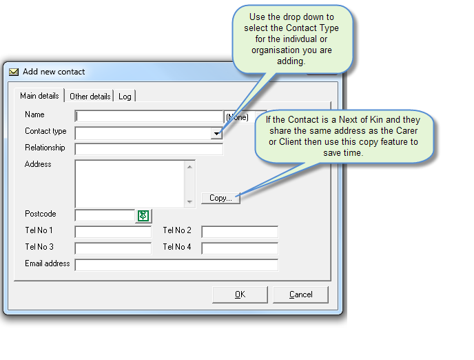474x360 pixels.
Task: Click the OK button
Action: pyautogui.click(x=240, y=294)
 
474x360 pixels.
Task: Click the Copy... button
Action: pyautogui.click(x=220, y=198)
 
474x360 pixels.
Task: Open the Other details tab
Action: pyautogui.click(x=90, y=97)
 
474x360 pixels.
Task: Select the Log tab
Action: pyautogui.click(x=125, y=97)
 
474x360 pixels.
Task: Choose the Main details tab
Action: pyautogui.click(x=39, y=96)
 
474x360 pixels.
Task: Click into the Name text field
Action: pyautogui.click(x=149, y=117)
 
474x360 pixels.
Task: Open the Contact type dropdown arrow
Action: pyautogui.click(x=217, y=133)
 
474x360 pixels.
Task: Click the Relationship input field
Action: pyautogui.click(x=149, y=149)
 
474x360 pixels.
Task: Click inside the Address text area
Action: pyautogui.click(x=130, y=183)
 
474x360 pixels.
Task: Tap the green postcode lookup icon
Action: pyautogui.click(x=143, y=216)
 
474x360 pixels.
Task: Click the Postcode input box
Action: pyautogui.click(x=105, y=216)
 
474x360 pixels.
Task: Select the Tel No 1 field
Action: pyautogui.click(x=113, y=232)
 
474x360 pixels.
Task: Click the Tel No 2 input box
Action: pyautogui.click(x=240, y=232)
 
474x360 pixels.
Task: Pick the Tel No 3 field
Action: pyautogui.click(x=113, y=248)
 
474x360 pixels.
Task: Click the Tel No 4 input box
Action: pyautogui.click(x=240, y=248)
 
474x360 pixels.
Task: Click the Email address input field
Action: pyautogui.click(x=176, y=265)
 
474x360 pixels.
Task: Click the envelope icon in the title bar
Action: pyautogui.click(x=14, y=72)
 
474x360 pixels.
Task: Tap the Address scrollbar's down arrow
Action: pyautogui.click(x=190, y=202)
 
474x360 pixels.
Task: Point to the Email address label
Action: pyautogui.click(x=48, y=264)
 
